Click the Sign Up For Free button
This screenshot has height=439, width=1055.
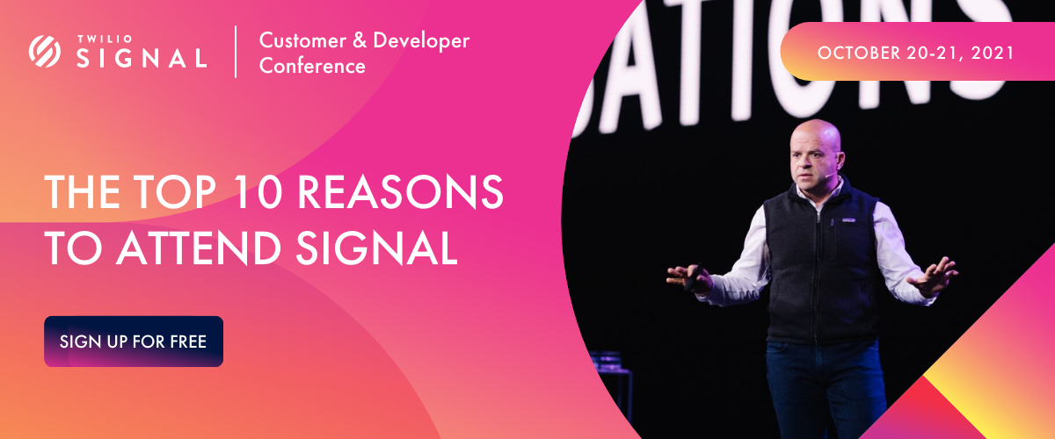coord(134,341)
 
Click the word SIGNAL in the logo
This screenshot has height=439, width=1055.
coord(141,59)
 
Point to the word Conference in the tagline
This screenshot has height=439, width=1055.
coord(312,66)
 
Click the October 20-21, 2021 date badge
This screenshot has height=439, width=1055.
coord(916,53)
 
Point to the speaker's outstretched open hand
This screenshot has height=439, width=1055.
coord(932,275)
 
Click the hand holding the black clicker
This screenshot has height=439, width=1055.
coord(690,278)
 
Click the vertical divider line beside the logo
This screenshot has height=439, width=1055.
coord(236,52)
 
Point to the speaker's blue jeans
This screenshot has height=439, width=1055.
coord(818,386)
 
